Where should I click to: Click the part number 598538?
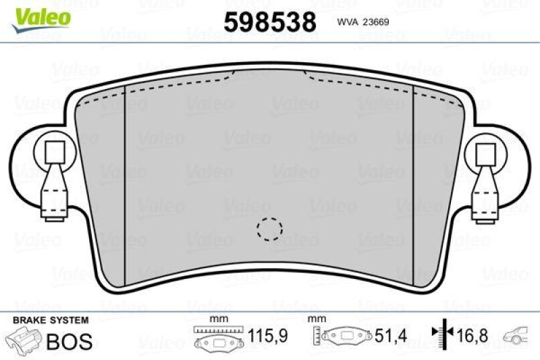[x=270, y=22]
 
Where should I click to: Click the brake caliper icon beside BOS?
[x=23, y=339]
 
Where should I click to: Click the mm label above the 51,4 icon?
[x=313, y=319]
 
